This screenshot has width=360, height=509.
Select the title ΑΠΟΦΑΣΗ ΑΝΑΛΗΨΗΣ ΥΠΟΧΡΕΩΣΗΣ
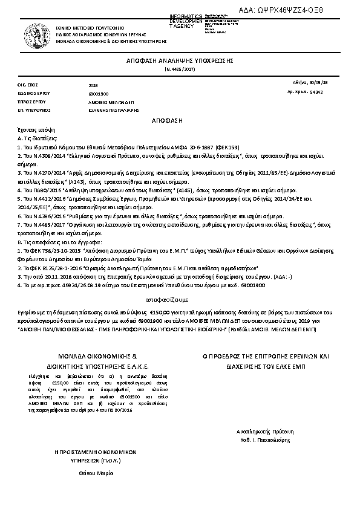[x=180, y=62]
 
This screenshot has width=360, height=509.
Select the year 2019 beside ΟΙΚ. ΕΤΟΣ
[x=93, y=86]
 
